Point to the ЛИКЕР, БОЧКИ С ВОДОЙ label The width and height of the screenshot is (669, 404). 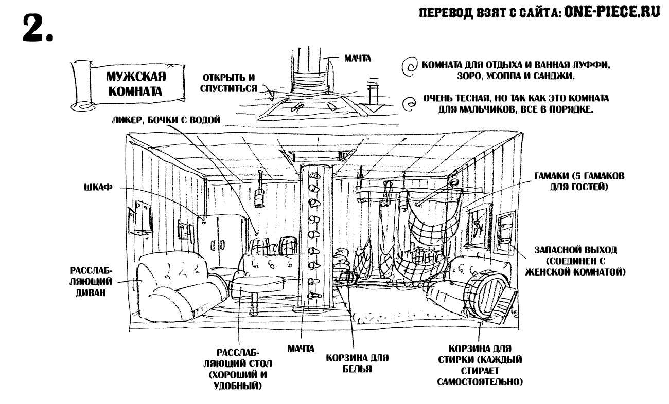click(x=166, y=120)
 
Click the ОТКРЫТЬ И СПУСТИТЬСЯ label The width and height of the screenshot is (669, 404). click(x=229, y=83)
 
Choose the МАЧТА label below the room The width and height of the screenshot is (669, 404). click(x=301, y=349)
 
